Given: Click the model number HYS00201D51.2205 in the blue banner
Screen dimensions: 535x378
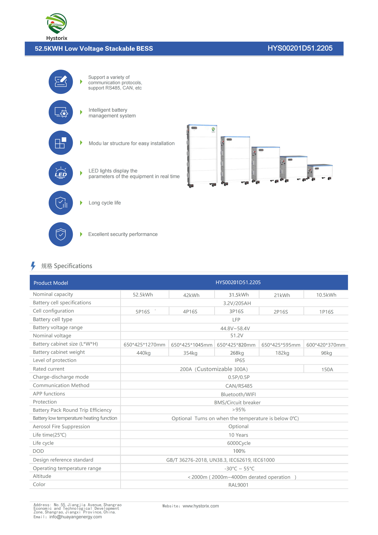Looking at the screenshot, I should coord(300,48).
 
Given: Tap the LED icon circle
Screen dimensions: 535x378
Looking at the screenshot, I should coord(61,173).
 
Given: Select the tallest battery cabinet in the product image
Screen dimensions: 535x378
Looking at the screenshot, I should coord(202,155).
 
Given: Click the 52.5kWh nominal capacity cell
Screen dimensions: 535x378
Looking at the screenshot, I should coord(143,295).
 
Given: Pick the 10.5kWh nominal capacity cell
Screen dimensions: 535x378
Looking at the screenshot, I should coord(326,295).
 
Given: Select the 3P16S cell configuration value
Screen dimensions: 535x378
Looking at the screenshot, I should coord(236,311).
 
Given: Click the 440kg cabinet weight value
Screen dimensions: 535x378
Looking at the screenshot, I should coord(143,353).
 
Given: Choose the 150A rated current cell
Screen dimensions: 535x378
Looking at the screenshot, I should coord(327,369).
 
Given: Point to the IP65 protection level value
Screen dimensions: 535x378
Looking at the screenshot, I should coord(240,360).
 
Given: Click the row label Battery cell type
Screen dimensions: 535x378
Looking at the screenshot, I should coord(53,319).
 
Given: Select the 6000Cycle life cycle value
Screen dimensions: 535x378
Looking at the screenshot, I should coord(239,443).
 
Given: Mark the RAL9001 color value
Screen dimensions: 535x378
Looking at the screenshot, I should coord(238,485).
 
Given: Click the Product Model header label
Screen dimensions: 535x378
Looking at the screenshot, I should coord(51,283).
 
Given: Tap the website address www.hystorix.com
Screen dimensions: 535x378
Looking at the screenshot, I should coord(201,506).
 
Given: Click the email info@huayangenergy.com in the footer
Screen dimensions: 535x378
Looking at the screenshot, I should coord(76,517).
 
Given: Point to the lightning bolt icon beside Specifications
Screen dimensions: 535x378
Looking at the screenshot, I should coord(33,266).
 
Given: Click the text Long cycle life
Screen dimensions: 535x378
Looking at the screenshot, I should coord(105,203).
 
